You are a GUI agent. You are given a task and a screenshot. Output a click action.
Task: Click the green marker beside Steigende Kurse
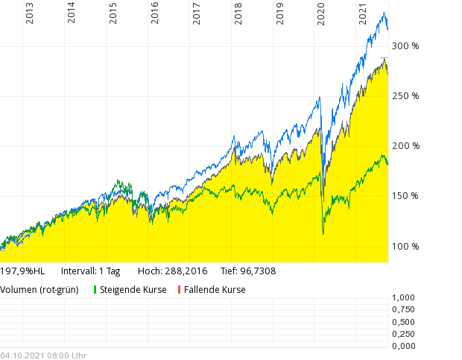click(x=95, y=290)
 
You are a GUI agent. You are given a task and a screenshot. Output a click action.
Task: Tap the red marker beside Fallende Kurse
click(x=179, y=290)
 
